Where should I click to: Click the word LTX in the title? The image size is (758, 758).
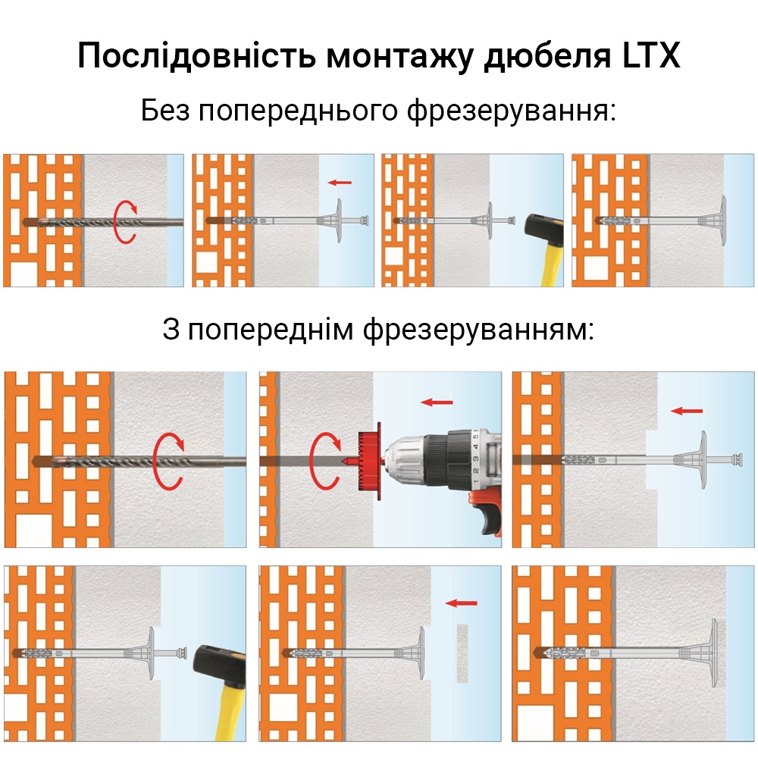(650, 55)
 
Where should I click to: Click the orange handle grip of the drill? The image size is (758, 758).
(487, 515)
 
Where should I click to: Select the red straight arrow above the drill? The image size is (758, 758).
(437, 402)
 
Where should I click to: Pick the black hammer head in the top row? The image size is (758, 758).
(543, 227)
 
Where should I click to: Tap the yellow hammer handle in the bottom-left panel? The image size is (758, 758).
(232, 714)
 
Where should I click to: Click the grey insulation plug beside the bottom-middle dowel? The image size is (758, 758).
(462, 653)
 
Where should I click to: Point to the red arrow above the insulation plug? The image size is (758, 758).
(461, 603)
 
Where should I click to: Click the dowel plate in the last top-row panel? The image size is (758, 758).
(722, 221)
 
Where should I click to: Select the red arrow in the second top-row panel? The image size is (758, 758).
(340, 183)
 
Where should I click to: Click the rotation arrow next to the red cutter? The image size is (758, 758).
(324, 460)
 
